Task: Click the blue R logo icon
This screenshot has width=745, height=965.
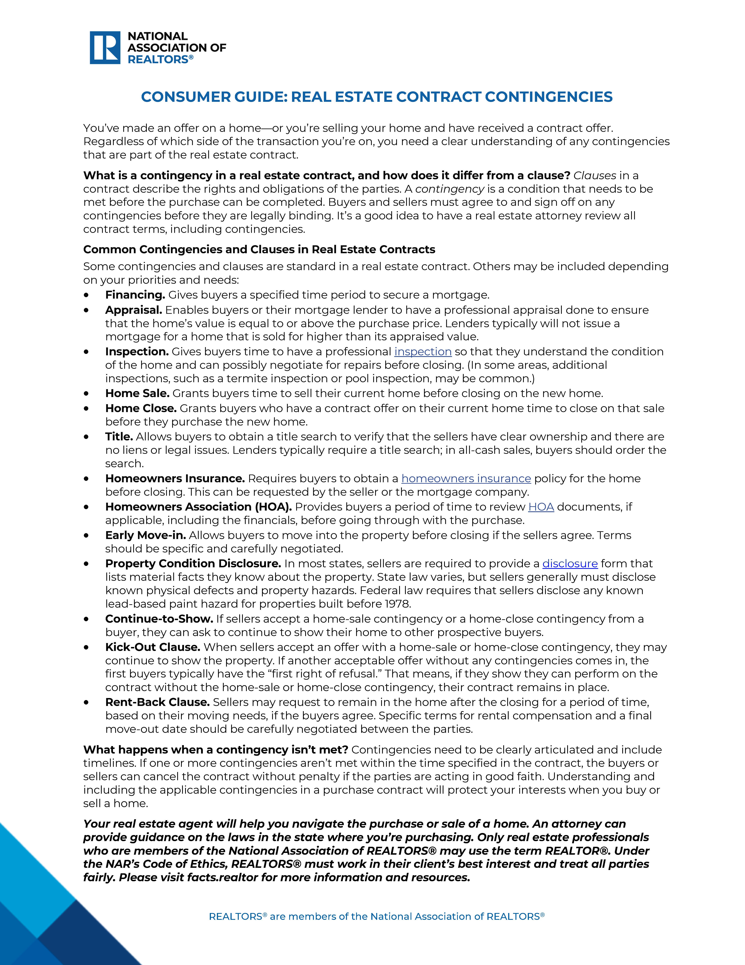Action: point(105,48)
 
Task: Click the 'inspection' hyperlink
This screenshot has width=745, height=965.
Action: point(423,352)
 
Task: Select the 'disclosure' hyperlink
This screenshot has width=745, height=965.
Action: point(570,564)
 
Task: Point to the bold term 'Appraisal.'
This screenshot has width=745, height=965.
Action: point(134,310)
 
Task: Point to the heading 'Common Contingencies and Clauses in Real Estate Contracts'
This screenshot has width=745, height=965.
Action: point(259,250)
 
